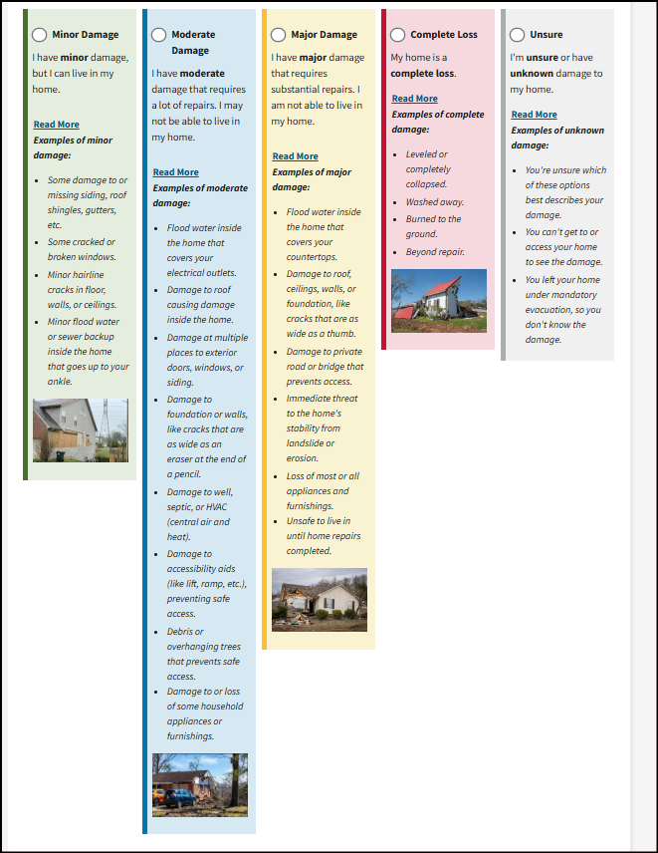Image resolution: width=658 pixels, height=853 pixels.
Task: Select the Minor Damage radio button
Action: pyautogui.click(x=39, y=35)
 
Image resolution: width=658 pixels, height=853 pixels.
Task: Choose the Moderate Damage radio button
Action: pyautogui.click(x=158, y=35)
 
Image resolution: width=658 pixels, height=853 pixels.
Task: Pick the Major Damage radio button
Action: pyautogui.click(x=278, y=35)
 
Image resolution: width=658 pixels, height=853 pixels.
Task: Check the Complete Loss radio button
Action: pyautogui.click(x=397, y=35)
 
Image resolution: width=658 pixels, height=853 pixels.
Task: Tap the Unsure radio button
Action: pyautogui.click(x=517, y=35)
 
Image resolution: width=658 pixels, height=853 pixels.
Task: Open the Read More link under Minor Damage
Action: pyautogui.click(x=56, y=125)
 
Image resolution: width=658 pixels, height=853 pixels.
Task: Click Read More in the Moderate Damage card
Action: pyautogui.click(x=175, y=172)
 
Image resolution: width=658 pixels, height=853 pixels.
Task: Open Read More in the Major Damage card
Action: pyautogui.click(x=295, y=156)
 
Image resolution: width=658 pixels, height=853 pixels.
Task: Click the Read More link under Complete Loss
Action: pyautogui.click(x=414, y=99)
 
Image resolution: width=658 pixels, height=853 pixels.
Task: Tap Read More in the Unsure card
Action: pyautogui.click(x=534, y=115)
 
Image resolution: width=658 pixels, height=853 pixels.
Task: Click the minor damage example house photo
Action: pyautogui.click(x=81, y=430)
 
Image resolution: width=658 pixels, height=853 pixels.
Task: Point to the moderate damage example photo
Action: pyautogui.click(x=200, y=785)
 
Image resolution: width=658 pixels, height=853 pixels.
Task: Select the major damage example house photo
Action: pyautogui.click(x=320, y=600)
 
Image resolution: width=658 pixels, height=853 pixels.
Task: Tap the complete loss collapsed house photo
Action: pyautogui.click(x=439, y=301)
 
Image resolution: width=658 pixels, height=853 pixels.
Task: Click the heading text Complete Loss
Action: pyautogui.click(x=443, y=35)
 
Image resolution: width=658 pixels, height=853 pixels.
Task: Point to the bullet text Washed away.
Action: pyautogui.click(x=435, y=202)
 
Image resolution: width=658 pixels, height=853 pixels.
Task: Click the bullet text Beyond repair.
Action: pyautogui.click(x=435, y=252)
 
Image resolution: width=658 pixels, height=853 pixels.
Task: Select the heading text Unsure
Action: pyautogui.click(x=546, y=35)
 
